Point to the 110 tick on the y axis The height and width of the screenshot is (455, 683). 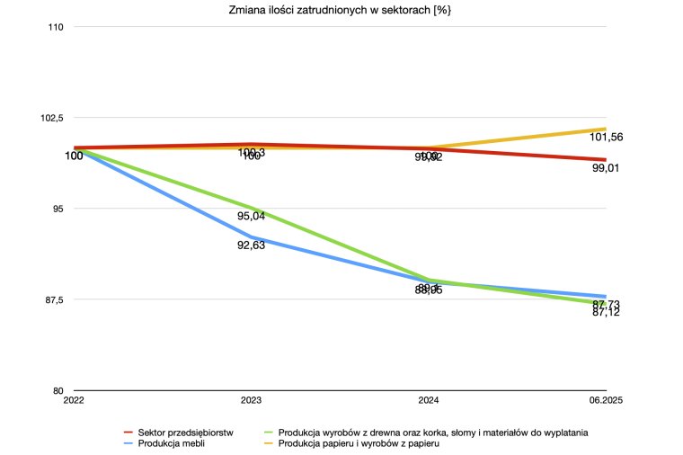pyautogui.click(x=56, y=27)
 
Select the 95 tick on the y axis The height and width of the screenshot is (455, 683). pyautogui.click(x=58, y=209)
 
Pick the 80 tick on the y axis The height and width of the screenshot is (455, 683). pyautogui.click(x=58, y=390)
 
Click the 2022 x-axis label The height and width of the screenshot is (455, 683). pyautogui.click(x=75, y=400)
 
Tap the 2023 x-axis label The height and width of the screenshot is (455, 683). pyautogui.click(x=251, y=400)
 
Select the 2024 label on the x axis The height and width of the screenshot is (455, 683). pyautogui.click(x=428, y=400)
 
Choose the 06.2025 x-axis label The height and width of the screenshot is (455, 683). pyautogui.click(x=605, y=400)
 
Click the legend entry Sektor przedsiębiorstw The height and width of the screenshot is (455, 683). pyautogui.click(x=186, y=432)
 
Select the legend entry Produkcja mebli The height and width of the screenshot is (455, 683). pyautogui.click(x=170, y=443)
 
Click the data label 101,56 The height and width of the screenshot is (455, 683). pyautogui.click(x=607, y=138)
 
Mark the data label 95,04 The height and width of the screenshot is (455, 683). pyautogui.click(x=251, y=217)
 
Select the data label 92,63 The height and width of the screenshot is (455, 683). pyautogui.click(x=251, y=245)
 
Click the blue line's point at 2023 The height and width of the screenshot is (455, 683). pyautogui.click(x=251, y=237)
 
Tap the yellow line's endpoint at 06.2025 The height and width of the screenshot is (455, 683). pyautogui.click(x=605, y=129)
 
